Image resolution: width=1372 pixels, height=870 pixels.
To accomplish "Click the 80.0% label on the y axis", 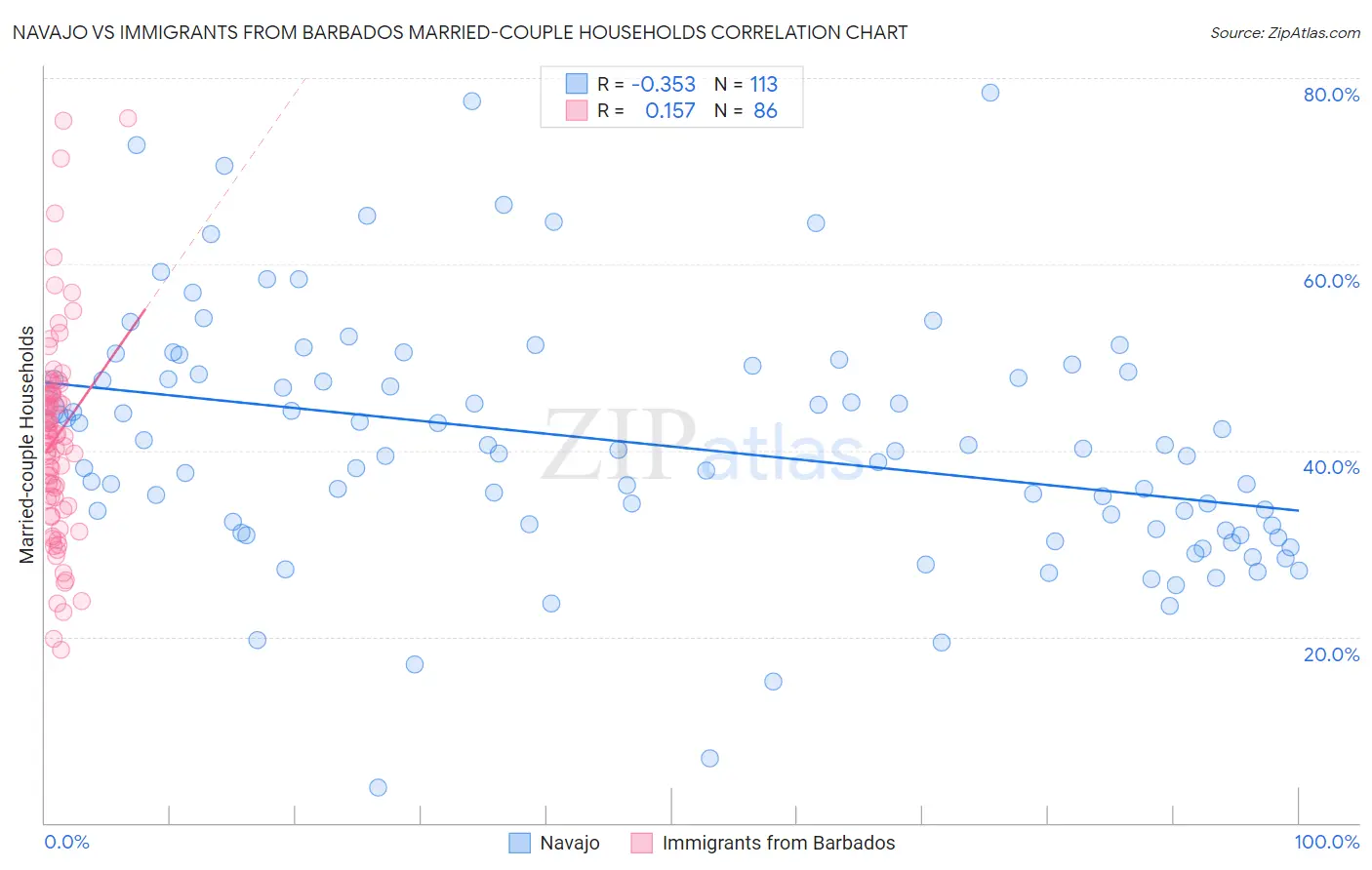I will coord(1331,95).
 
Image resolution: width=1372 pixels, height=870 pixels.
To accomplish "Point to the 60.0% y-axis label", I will coord(1331,281).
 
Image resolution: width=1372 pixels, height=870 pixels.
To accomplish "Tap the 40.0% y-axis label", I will coord(1331,467).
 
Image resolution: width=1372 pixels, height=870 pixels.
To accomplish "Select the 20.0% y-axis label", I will coord(1331,654).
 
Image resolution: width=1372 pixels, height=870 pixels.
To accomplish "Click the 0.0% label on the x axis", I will coord(66,843).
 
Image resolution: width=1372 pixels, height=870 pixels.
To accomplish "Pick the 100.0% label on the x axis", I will coord(1326,843).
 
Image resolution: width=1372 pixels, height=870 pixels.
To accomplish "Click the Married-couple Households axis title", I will coord(27,445).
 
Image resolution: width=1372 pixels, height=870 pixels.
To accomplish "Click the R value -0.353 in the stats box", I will coord(664,85).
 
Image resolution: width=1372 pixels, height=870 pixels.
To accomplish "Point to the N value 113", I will coord(764,85).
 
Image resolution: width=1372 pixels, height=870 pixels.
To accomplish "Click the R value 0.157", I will coord(670,111).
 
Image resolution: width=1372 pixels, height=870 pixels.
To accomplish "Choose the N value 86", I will coord(765,111).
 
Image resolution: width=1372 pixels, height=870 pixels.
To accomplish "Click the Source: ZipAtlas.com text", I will coord(1284,33).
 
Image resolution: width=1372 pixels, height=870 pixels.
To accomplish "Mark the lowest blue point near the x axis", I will coord(378,787).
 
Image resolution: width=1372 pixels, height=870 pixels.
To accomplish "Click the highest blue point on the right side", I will coord(989,93).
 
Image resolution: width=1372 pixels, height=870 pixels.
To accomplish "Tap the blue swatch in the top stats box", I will coord(577,84).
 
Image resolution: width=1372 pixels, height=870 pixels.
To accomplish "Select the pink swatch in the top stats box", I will coord(577,110).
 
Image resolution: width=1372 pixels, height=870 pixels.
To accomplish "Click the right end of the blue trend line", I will coord(1298,510).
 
